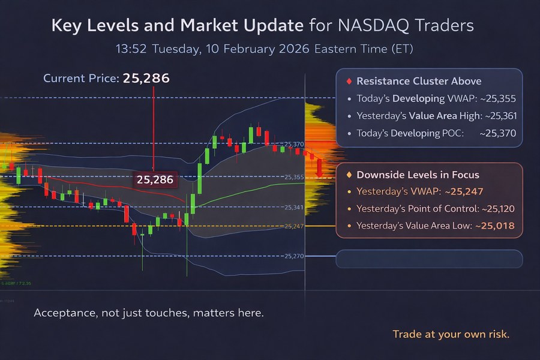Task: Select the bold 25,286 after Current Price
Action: click(146, 78)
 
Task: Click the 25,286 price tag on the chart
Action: click(155, 179)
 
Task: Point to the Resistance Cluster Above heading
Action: click(419, 81)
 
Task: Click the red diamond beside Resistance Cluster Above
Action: click(348, 81)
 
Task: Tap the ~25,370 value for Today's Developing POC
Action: click(497, 133)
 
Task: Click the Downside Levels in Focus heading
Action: click(418, 175)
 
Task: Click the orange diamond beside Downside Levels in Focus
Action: click(349, 175)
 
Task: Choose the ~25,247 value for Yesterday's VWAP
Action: click(463, 192)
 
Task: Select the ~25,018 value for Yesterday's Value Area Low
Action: click(495, 226)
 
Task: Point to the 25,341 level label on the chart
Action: click(294, 207)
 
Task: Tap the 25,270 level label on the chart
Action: click(294, 256)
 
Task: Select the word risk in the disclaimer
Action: click(497, 334)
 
